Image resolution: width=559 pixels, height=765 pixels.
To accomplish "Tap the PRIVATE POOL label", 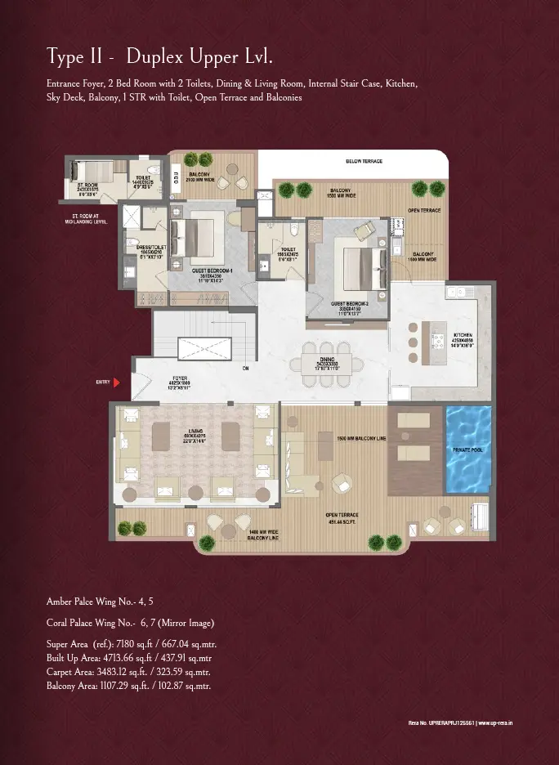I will pyautogui.click(x=468, y=450).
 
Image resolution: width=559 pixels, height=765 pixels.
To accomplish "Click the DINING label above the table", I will pyautogui.click(x=326, y=360).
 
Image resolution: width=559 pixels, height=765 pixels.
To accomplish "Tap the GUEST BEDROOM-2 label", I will pyautogui.click(x=350, y=304).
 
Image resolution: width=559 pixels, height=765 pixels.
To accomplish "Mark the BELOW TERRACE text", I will pyautogui.click(x=364, y=161).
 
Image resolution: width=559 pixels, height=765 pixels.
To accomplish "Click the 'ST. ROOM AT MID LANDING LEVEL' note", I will pyautogui.click(x=86, y=218).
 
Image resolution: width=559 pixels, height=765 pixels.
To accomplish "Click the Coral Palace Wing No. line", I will pyautogui.click(x=130, y=623).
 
